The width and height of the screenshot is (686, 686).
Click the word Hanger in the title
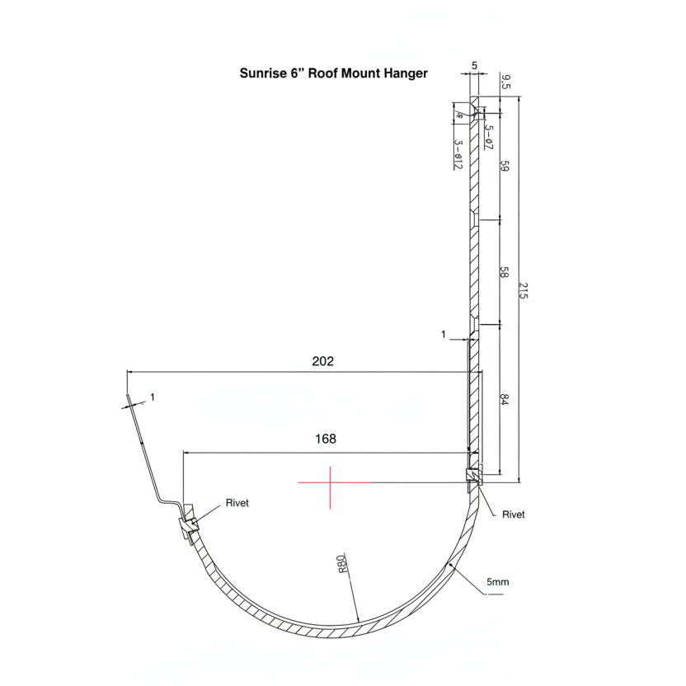[406, 73]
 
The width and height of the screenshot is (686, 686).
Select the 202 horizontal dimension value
[323, 361]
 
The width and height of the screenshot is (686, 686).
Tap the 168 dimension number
[326, 439]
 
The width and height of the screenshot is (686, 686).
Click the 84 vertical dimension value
[505, 400]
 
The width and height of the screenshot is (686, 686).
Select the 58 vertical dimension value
[505, 272]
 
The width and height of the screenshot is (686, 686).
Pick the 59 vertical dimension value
[505, 165]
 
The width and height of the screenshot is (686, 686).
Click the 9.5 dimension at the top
[505, 81]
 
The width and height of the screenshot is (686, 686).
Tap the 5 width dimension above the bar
[475, 65]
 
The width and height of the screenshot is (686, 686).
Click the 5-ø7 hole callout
[488, 136]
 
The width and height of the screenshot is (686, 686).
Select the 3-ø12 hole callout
[458, 154]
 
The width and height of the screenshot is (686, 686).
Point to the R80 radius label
[341, 564]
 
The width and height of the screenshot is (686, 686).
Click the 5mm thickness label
[497, 582]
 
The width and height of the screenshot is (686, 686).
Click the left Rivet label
[237, 503]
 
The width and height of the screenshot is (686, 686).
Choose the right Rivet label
[513, 514]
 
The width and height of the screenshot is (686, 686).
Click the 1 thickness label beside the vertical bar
[444, 335]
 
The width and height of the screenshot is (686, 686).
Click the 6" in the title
[297, 73]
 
